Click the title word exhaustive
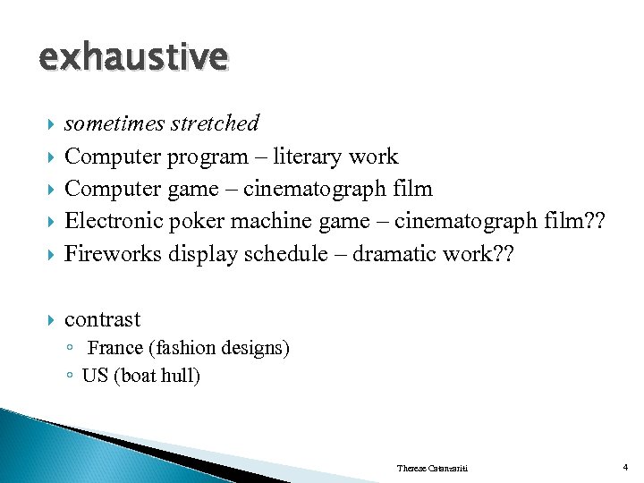pos(133,58)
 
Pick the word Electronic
pos(114,221)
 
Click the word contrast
pos(102,319)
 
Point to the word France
pos(112,348)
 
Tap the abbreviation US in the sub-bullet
pos(94,375)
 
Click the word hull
pos(182,375)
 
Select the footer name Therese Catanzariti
pos(434,469)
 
